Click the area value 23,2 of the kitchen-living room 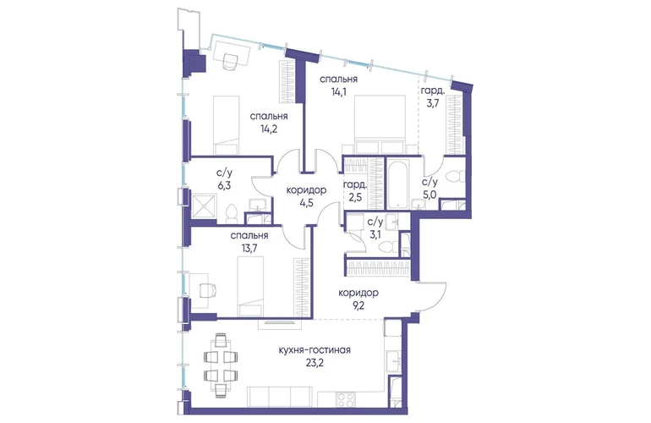[x=314, y=363]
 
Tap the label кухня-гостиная [x=315, y=350]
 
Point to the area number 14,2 [x=269, y=129]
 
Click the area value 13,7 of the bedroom [x=249, y=249]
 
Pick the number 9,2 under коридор [x=358, y=306]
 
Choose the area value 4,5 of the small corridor [x=306, y=203]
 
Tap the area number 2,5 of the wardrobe [x=355, y=197]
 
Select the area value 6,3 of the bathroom [x=223, y=186]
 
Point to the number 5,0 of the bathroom [x=430, y=195]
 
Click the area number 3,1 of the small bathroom [x=375, y=234]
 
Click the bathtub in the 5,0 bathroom [x=398, y=184]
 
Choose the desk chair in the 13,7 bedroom [x=208, y=289]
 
